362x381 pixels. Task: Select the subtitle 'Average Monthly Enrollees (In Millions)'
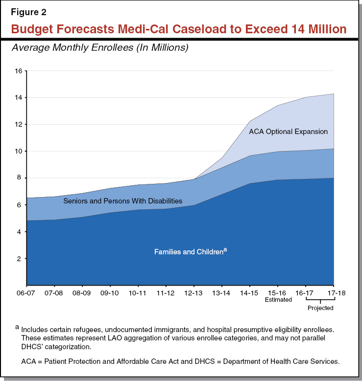100,48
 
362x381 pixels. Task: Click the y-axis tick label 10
18,151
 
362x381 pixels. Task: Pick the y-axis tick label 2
20,259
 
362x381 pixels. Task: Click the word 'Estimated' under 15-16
278,300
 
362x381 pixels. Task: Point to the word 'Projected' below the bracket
320,308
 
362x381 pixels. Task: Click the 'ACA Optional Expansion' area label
288,132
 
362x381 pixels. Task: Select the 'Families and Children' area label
189,252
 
